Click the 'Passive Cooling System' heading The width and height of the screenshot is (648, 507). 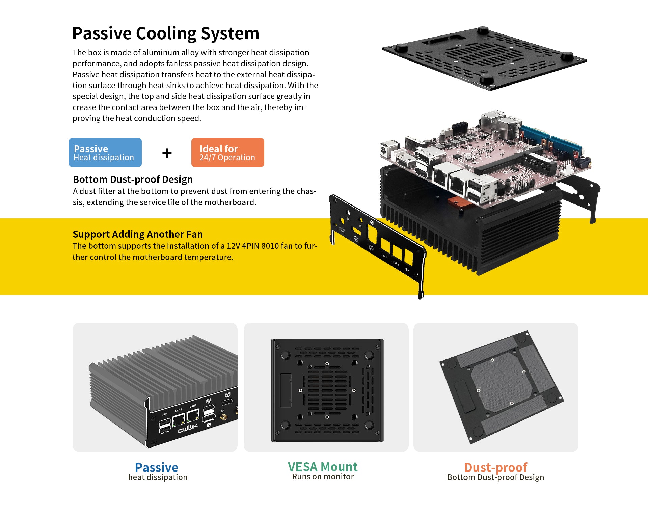[x=166, y=33]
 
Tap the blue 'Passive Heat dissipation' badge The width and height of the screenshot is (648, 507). [x=105, y=152]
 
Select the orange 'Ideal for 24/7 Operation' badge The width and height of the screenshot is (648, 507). [x=228, y=152]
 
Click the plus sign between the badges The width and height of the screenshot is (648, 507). [x=167, y=153]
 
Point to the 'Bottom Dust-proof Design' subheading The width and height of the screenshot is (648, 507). [x=133, y=179]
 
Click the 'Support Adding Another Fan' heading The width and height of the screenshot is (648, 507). [x=138, y=234]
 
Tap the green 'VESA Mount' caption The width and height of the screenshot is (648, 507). [x=323, y=467]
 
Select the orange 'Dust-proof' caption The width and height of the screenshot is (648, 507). [x=495, y=467]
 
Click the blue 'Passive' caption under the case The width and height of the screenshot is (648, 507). [x=156, y=467]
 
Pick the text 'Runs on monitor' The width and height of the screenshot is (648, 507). [x=323, y=477]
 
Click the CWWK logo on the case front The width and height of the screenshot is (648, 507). [x=188, y=428]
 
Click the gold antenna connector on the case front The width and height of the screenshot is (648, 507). [x=223, y=417]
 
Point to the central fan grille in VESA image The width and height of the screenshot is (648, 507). [x=327, y=390]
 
